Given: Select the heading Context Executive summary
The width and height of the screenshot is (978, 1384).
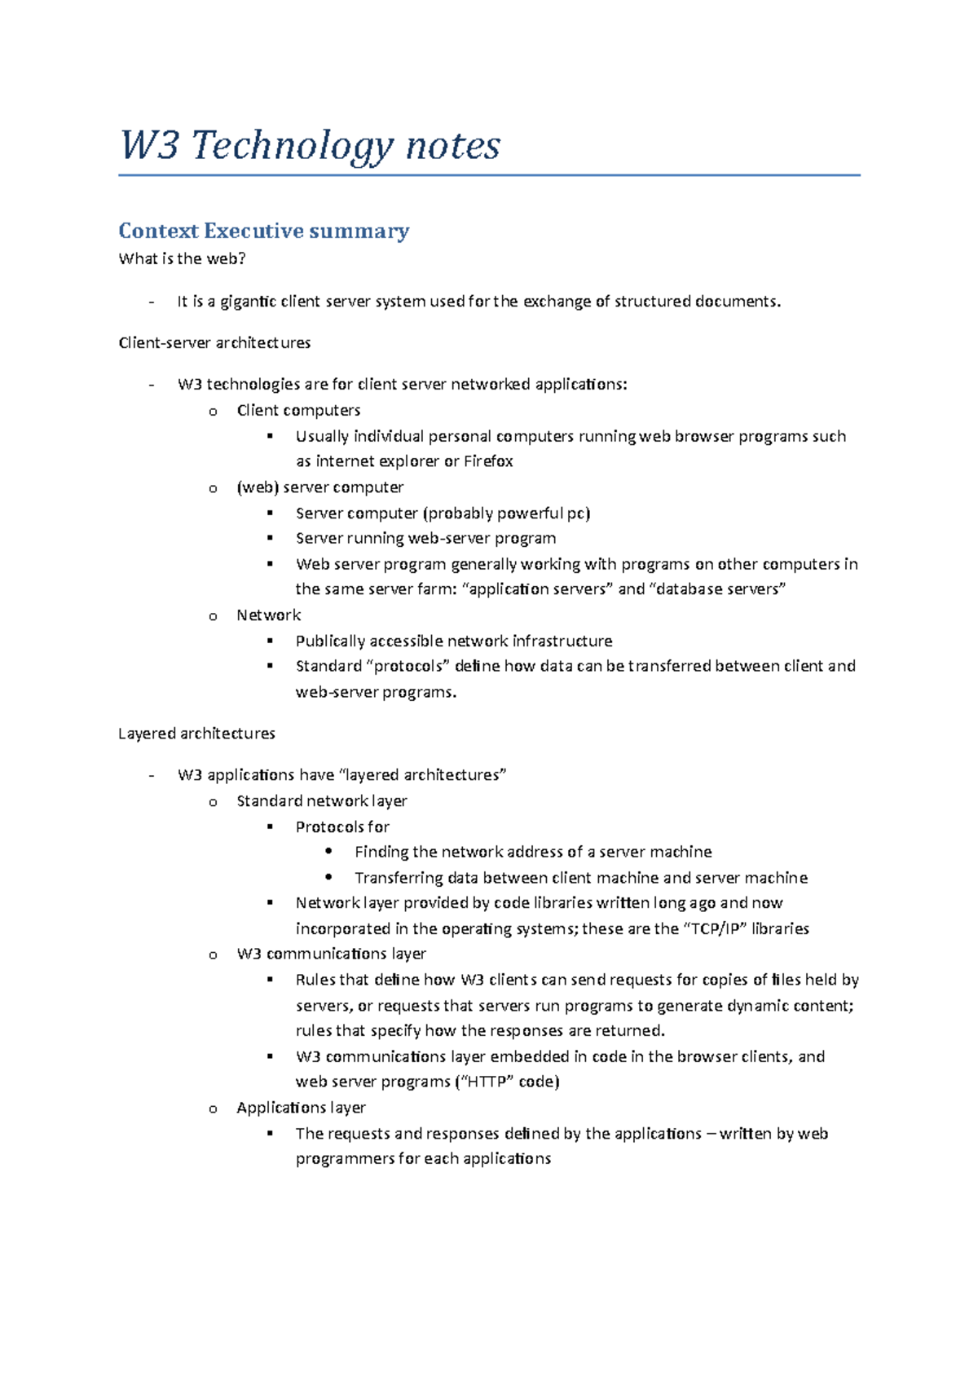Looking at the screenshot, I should pos(263,231).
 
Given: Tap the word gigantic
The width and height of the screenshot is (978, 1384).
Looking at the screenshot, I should pos(249,302).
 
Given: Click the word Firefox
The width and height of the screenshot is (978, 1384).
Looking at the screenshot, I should pos(488,461).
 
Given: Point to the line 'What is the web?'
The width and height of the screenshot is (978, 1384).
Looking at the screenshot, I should pos(182,259).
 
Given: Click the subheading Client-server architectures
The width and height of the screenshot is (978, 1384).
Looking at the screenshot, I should pos(214,343).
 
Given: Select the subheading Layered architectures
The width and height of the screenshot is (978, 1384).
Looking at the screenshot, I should pos(196,734).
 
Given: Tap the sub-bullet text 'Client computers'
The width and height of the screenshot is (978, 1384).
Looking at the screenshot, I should pos(298,411).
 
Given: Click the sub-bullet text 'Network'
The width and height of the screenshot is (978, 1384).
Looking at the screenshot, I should pos(268,615).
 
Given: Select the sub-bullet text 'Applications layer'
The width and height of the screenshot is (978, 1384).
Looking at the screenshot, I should pos(301,1108).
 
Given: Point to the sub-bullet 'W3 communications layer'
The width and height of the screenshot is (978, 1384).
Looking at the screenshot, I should pos(331,954).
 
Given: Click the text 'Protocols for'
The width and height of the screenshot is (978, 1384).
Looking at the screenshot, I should pos(342,827).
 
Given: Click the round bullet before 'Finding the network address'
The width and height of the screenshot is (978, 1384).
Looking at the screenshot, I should pos(328,852).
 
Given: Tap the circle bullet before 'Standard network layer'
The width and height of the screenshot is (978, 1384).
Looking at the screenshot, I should pos(213,802).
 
